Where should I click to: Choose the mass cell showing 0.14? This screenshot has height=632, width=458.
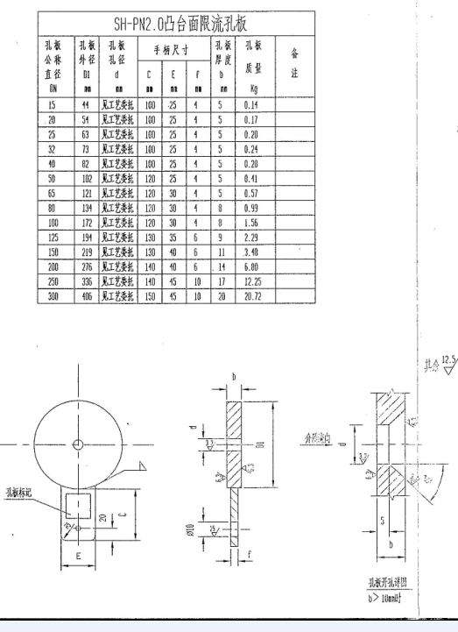tap(255, 103)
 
